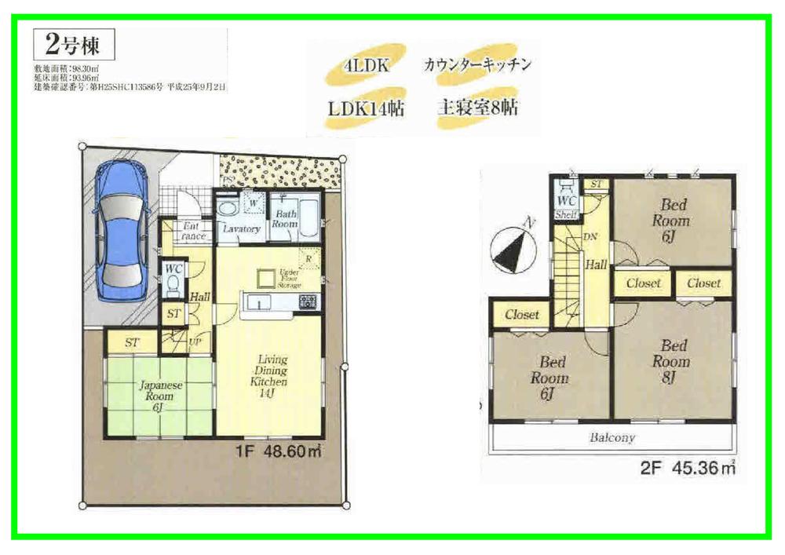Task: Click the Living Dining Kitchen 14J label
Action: coord(269,376)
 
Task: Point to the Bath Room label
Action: coord(285,218)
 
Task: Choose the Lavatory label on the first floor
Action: coord(241,229)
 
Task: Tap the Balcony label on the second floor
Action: coord(613,437)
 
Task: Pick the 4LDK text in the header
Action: coord(363,66)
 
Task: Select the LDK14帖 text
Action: coord(366,108)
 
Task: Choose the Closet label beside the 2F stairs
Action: coord(522,315)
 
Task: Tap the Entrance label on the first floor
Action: coord(192,232)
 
